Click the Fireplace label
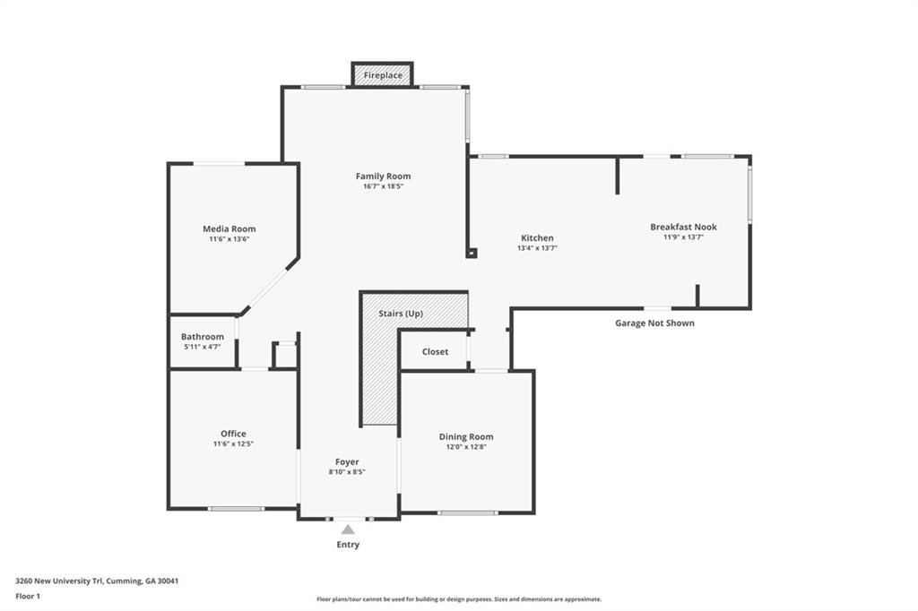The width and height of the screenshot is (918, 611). coord(383,75)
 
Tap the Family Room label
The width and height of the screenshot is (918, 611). coord(383,176)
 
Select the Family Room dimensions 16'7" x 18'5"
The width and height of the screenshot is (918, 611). coord(383,186)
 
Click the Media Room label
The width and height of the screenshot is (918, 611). coord(229,228)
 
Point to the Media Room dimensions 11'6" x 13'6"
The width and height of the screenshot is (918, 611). coord(229,239)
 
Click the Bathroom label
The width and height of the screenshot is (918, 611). coord(202,337)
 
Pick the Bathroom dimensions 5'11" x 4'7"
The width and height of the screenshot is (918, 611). coord(202,347)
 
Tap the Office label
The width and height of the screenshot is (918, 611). coord(233,434)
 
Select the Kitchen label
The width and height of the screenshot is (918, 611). coord(537,238)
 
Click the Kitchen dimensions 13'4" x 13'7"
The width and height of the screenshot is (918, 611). coord(537,248)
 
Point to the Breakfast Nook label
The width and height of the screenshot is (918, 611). coord(683,227)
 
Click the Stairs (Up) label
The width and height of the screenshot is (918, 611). coord(401,314)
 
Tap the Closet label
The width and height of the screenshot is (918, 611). coord(435,352)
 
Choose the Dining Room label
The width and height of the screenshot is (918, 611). coord(466,436)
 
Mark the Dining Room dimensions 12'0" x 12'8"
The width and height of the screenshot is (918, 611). coord(466,447)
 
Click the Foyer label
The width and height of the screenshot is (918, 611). coord(347,462)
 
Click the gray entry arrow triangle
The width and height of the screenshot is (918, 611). coord(348,529)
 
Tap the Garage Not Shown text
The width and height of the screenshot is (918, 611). coord(654,323)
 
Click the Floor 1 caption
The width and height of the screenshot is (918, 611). coord(28,597)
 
